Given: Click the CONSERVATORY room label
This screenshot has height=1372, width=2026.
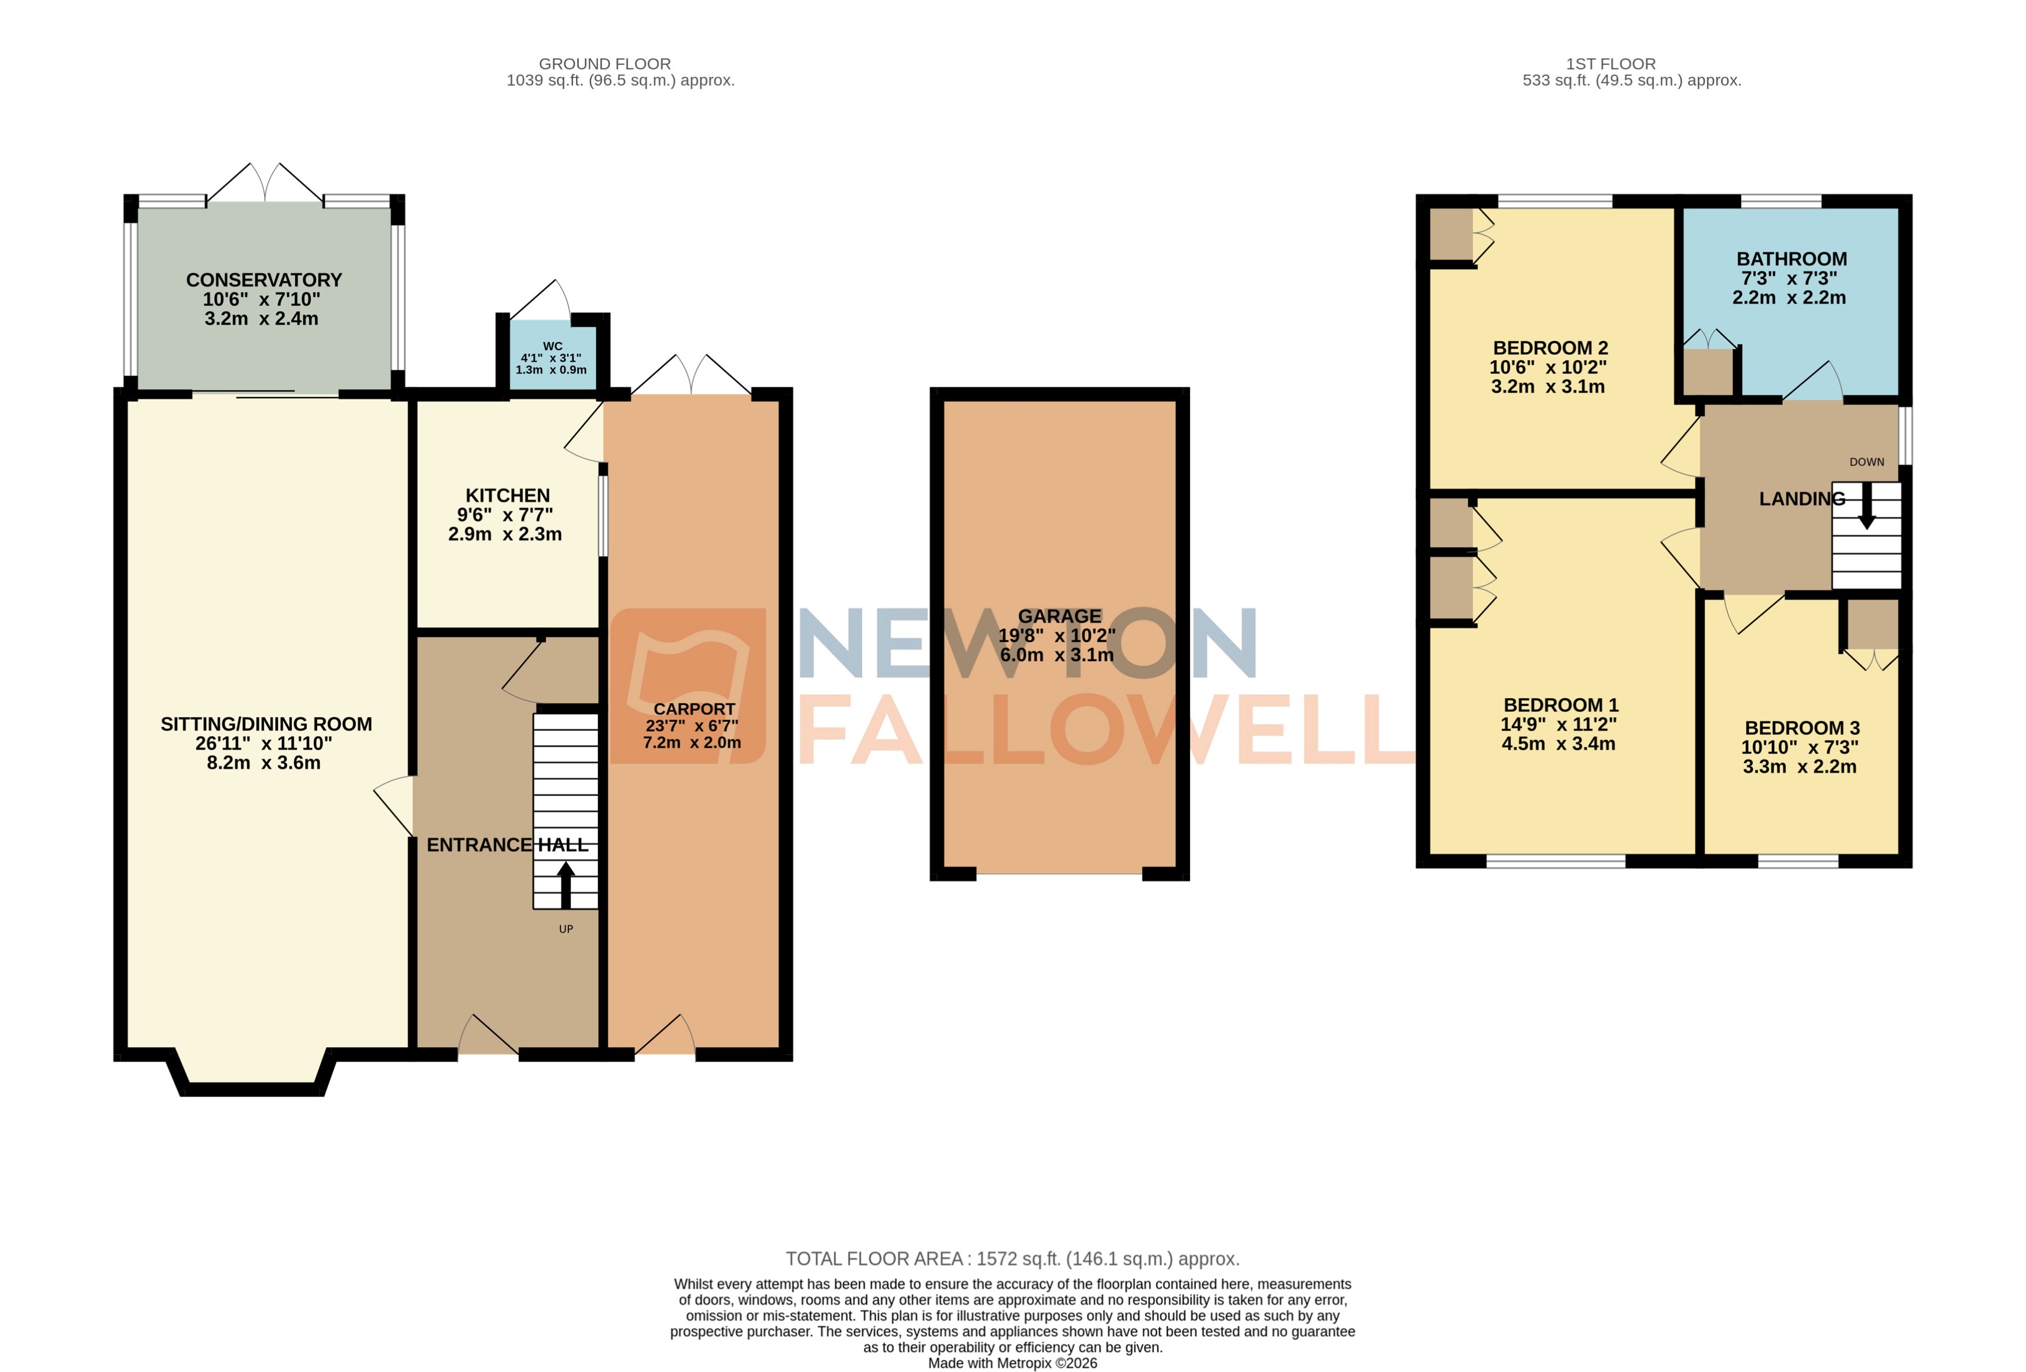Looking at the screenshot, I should pos(263,280).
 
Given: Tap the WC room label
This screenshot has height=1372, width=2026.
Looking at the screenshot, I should pos(552,346).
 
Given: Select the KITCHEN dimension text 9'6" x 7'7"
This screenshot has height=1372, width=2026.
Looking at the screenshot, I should pos(505,514).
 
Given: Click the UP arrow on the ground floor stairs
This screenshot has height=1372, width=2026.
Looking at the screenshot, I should pos(565,883).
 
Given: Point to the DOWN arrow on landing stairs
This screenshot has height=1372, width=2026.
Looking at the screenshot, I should pos(1866,505).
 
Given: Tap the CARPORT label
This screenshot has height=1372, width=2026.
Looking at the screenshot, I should pos(694,709).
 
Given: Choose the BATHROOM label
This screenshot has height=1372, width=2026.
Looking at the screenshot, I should pos(1790,259).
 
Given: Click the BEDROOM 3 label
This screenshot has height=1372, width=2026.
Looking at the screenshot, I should pos(1801,728).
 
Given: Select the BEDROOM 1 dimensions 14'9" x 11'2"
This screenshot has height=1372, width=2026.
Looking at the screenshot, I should pos(1558,724).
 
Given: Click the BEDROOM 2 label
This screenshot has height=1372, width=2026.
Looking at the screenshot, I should pos(1549,348).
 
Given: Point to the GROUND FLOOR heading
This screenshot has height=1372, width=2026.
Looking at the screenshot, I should pos(604,64).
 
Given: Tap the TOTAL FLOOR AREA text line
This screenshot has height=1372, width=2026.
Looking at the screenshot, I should pos(1012,1259).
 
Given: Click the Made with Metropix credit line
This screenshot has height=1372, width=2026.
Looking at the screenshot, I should pos(1012,1362).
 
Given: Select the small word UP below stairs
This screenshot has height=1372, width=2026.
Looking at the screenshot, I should pos(566,929).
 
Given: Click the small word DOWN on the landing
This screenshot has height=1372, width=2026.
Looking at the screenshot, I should pos(1866,462).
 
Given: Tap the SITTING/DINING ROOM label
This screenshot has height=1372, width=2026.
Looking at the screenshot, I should pos(266,724).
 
